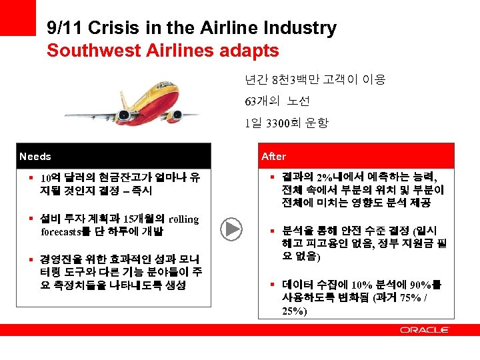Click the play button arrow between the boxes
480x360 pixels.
point(233,229)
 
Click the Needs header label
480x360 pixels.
point(36,156)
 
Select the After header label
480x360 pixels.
point(273,156)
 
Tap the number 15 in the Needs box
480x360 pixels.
point(129,219)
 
